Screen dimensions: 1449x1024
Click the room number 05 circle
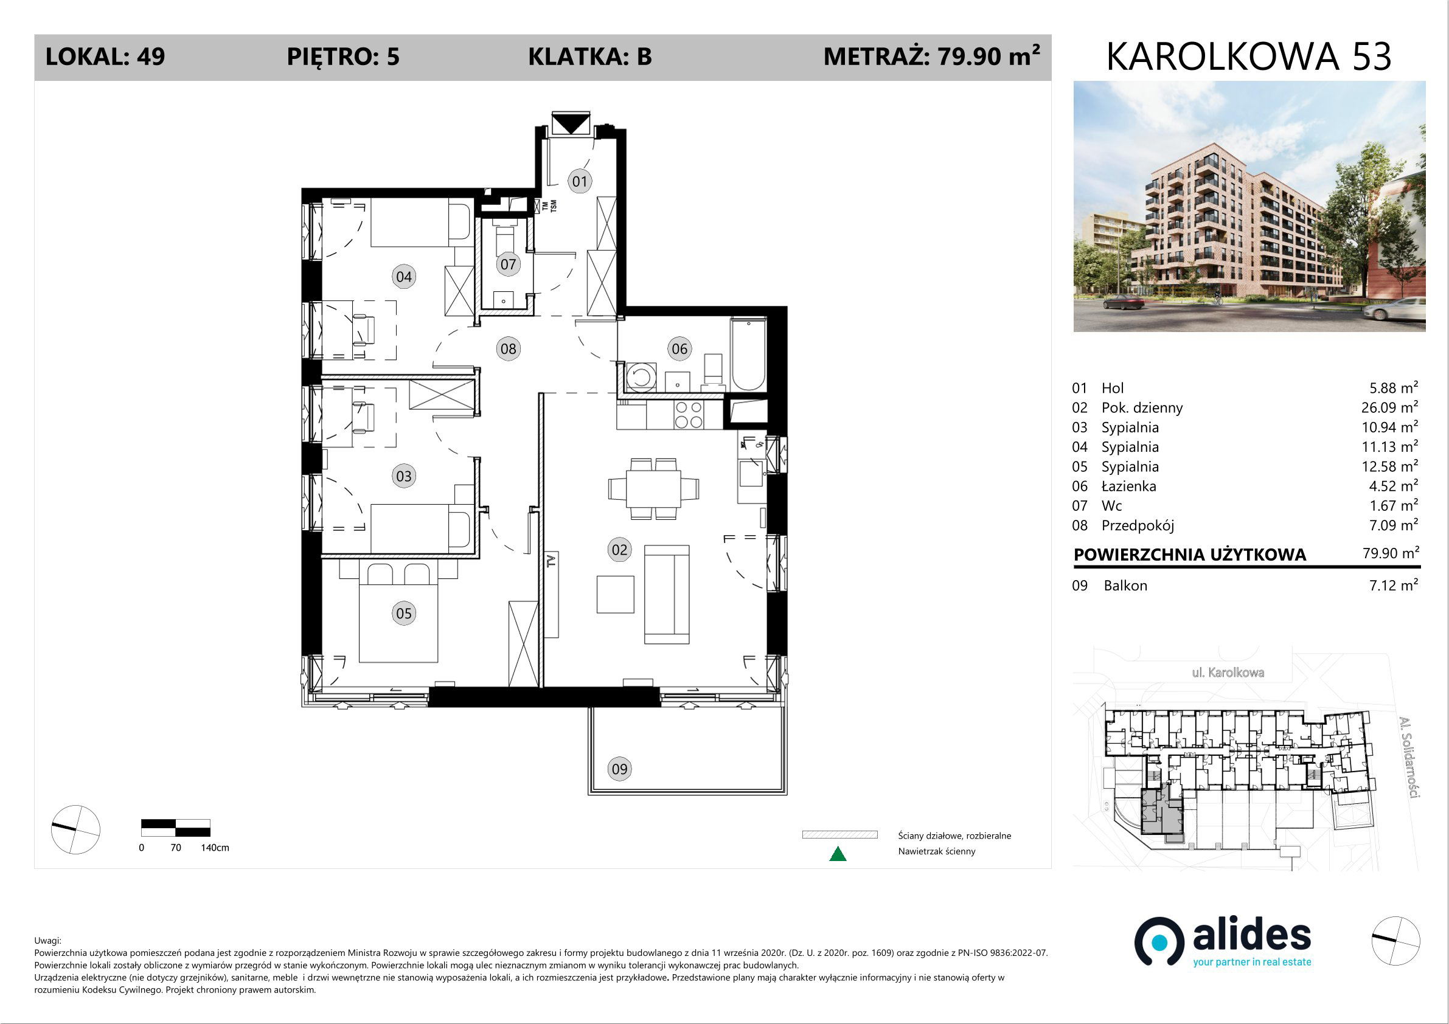(404, 614)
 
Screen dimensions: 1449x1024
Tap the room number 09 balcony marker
(620, 769)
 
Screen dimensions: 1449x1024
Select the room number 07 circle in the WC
(508, 265)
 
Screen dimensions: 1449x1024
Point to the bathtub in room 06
(748, 355)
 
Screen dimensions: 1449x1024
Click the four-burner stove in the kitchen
(689, 415)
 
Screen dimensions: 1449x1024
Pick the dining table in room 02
(653, 489)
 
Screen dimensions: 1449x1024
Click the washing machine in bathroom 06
(641, 377)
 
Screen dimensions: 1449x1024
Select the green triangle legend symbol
(838, 854)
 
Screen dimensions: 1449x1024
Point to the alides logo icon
(1159, 942)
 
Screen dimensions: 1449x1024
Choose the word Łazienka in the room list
(1129, 486)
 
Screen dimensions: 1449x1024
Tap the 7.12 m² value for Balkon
(1394, 585)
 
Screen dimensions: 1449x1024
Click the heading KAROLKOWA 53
(1249, 57)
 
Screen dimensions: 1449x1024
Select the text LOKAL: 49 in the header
(105, 57)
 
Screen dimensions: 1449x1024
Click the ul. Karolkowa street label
(1228, 673)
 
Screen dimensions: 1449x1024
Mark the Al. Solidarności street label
(1409, 757)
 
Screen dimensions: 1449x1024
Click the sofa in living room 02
(667, 594)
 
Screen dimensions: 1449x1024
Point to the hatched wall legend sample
(839, 835)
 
